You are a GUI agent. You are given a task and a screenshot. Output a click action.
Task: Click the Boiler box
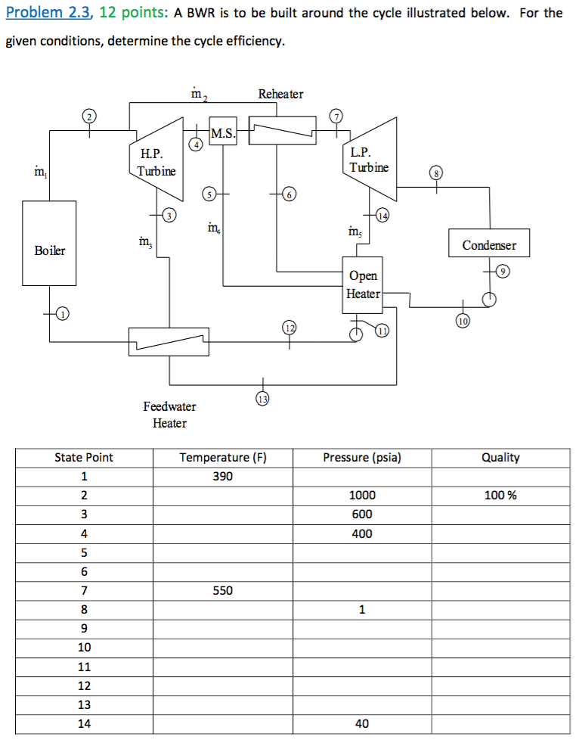pyautogui.click(x=50, y=250)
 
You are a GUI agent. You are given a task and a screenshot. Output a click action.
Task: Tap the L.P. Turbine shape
pyautogui.click(x=370, y=160)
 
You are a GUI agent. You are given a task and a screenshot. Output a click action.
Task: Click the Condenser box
pyautogui.click(x=489, y=244)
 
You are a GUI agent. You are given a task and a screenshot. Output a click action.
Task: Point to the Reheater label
pyautogui.click(x=280, y=94)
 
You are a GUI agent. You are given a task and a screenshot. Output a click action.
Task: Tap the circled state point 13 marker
pyautogui.click(x=262, y=398)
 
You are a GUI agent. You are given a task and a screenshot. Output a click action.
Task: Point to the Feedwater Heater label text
pyautogui.click(x=169, y=415)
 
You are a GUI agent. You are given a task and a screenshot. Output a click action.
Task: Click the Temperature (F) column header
pyautogui.click(x=223, y=457)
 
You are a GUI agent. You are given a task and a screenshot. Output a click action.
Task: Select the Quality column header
pyautogui.click(x=500, y=457)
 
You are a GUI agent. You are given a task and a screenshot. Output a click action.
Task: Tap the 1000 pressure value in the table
pyautogui.click(x=362, y=496)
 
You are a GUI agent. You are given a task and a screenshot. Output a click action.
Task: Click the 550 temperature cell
pyautogui.click(x=223, y=590)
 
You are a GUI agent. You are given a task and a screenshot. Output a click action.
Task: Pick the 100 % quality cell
pyautogui.click(x=500, y=496)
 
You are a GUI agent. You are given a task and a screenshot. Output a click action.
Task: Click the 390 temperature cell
pyautogui.click(x=223, y=477)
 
